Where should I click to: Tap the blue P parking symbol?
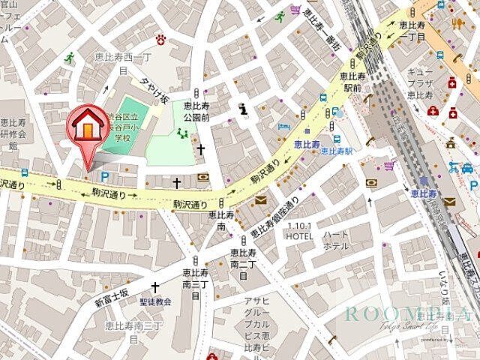pyautogui.click(x=104, y=176)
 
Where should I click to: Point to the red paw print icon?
pyautogui.click(x=160, y=39)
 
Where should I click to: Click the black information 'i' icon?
pyautogui.click(x=242, y=109)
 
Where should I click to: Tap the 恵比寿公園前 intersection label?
pyautogui.click(x=197, y=110)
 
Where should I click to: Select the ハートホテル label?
pyautogui.click(x=335, y=240)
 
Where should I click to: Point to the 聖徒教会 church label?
pyautogui.click(x=155, y=301)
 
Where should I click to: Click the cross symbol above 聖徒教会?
pyautogui.click(x=155, y=286)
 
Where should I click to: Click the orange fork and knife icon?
pyautogui.click(x=457, y=23)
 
